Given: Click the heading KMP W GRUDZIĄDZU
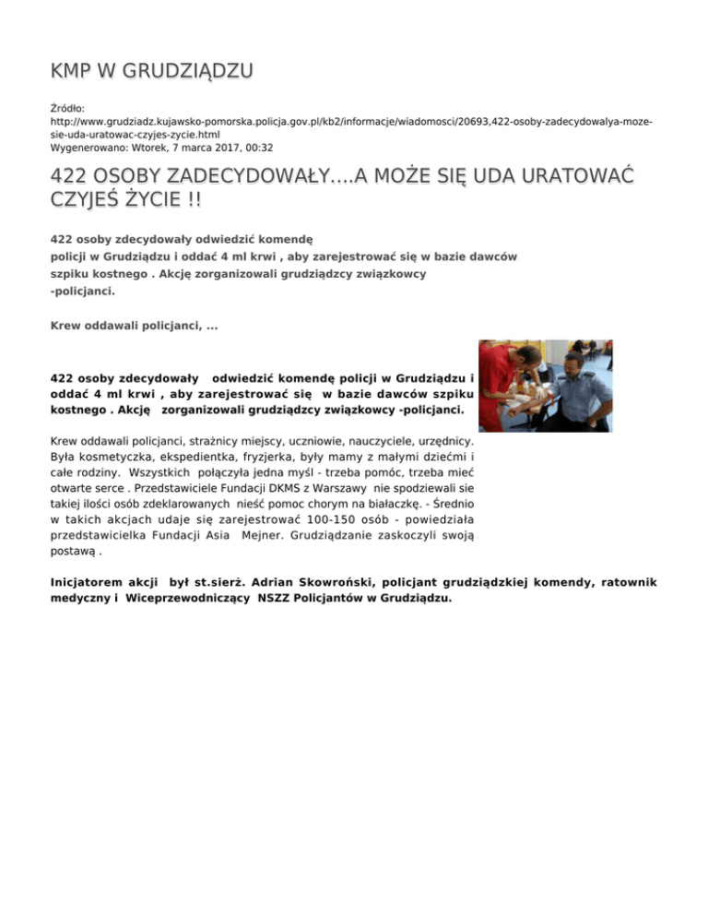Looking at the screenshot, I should coord(152,71).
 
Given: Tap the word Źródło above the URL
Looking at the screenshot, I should coord(67,108).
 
